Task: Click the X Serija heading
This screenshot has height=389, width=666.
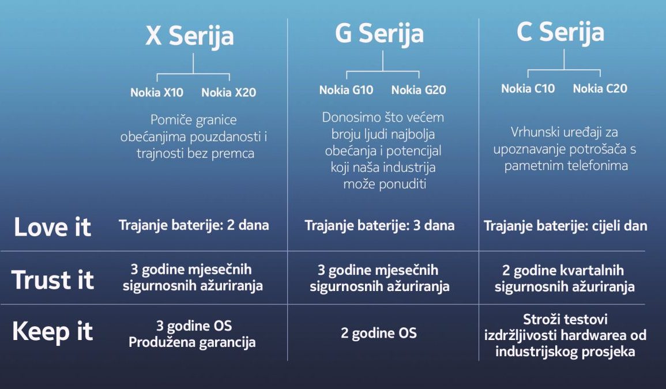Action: (x=190, y=36)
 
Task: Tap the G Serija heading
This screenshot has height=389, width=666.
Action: (x=379, y=34)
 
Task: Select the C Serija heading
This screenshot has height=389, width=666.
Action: (x=560, y=32)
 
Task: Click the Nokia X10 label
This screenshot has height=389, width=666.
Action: (x=157, y=93)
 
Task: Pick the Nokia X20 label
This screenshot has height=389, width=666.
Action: (x=228, y=93)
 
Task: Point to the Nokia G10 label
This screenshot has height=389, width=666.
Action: (x=346, y=90)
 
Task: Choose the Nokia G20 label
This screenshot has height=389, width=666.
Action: (x=419, y=90)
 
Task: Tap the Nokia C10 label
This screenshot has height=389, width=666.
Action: (x=528, y=89)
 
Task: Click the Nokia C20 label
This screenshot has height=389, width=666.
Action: (x=600, y=89)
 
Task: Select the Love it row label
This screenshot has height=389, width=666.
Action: (x=52, y=227)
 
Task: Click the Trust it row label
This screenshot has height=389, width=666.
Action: (x=52, y=280)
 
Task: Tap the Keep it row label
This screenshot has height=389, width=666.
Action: (x=52, y=332)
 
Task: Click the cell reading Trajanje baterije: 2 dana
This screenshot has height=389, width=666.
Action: (x=194, y=225)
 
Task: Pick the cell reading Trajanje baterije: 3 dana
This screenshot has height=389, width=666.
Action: (x=379, y=225)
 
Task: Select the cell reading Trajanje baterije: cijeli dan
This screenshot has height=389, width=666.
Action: (x=565, y=226)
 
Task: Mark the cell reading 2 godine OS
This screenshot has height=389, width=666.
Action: (x=378, y=333)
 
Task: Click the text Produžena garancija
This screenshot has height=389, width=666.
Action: (x=192, y=342)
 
